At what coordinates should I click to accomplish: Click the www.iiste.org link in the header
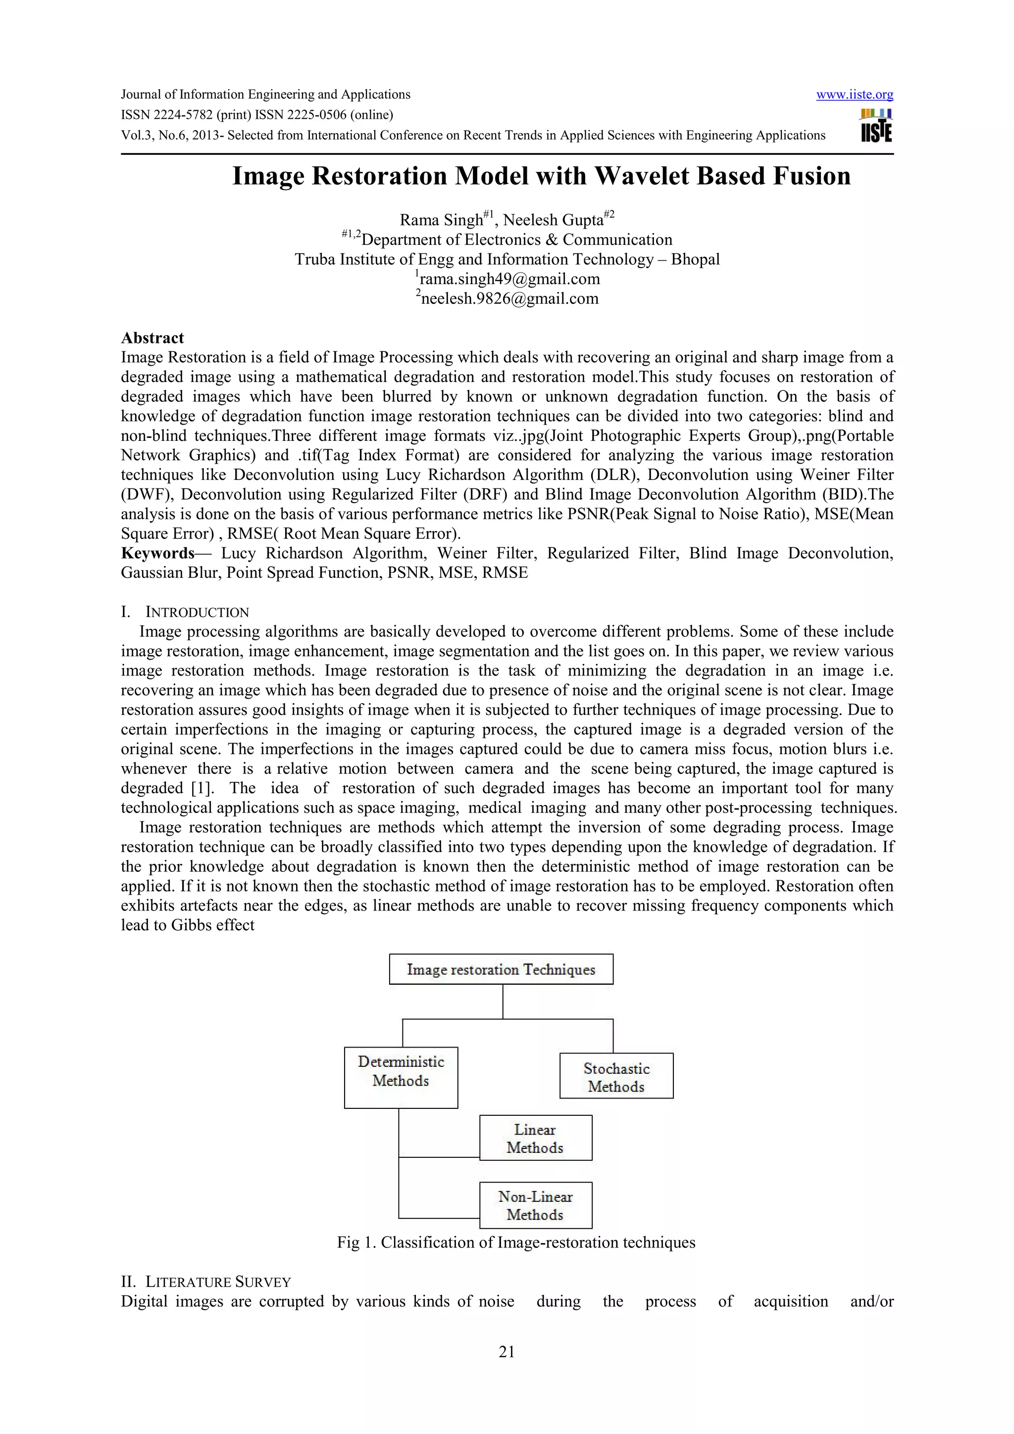[x=854, y=95]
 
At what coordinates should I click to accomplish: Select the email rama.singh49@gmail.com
[x=508, y=279]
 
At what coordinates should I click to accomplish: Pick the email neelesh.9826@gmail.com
[x=509, y=298]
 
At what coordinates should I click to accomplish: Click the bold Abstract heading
[x=152, y=338]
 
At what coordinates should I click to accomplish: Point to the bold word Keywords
[x=157, y=553]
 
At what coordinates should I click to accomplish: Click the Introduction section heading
[x=197, y=612]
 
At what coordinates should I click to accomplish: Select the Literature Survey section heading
[x=218, y=1282]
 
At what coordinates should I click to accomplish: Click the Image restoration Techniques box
[x=501, y=969]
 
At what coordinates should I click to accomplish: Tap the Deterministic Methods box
[x=401, y=1077]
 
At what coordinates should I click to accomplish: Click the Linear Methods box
[x=535, y=1139]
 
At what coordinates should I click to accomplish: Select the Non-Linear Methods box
[x=535, y=1205]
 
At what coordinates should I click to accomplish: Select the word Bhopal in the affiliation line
[x=695, y=259]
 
